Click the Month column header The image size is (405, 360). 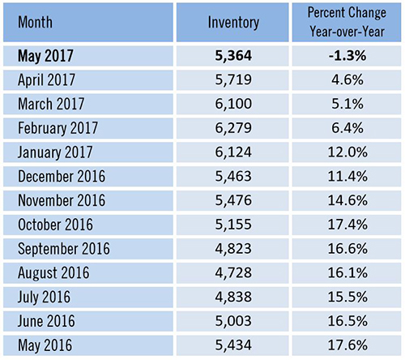pyautogui.click(x=35, y=22)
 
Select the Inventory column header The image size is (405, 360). pyautogui.click(x=233, y=23)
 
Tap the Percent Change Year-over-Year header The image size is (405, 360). pyautogui.click(x=347, y=22)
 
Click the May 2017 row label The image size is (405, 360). pyautogui.click(x=45, y=56)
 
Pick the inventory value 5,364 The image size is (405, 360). pyautogui.click(x=233, y=56)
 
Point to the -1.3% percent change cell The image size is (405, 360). pyautogui.click(x=347, y=56)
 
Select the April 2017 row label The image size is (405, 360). pyautogui.click(x=46, y=80)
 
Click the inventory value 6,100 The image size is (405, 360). pyautogui.click(x=233, y=104)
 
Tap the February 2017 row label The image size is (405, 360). pyautogui.click(x=58, y=128)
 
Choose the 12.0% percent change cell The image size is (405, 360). pyautogui.click(x=347, y=152)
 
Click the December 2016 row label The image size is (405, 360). pyautogui.click(x=62, y=176)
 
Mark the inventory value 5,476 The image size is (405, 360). pyautogui.click(x=233, y=200)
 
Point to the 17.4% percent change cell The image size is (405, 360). pyautogui.click(x=347, y=225)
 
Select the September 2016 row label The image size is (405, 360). pyautogui.click(x=64, y=249)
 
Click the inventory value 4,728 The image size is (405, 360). pyautogui.click(x=233, y=272)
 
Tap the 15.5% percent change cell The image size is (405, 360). pyautogui.click(x=347, y=297)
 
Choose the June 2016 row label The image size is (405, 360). pyautogui.click(x=46, y=321)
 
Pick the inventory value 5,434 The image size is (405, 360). pyautogui.click(x=233, y=345)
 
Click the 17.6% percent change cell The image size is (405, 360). pyautogui.click(x=347, y=345)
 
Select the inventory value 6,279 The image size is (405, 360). pyautogui.click(x=233, y=128)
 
